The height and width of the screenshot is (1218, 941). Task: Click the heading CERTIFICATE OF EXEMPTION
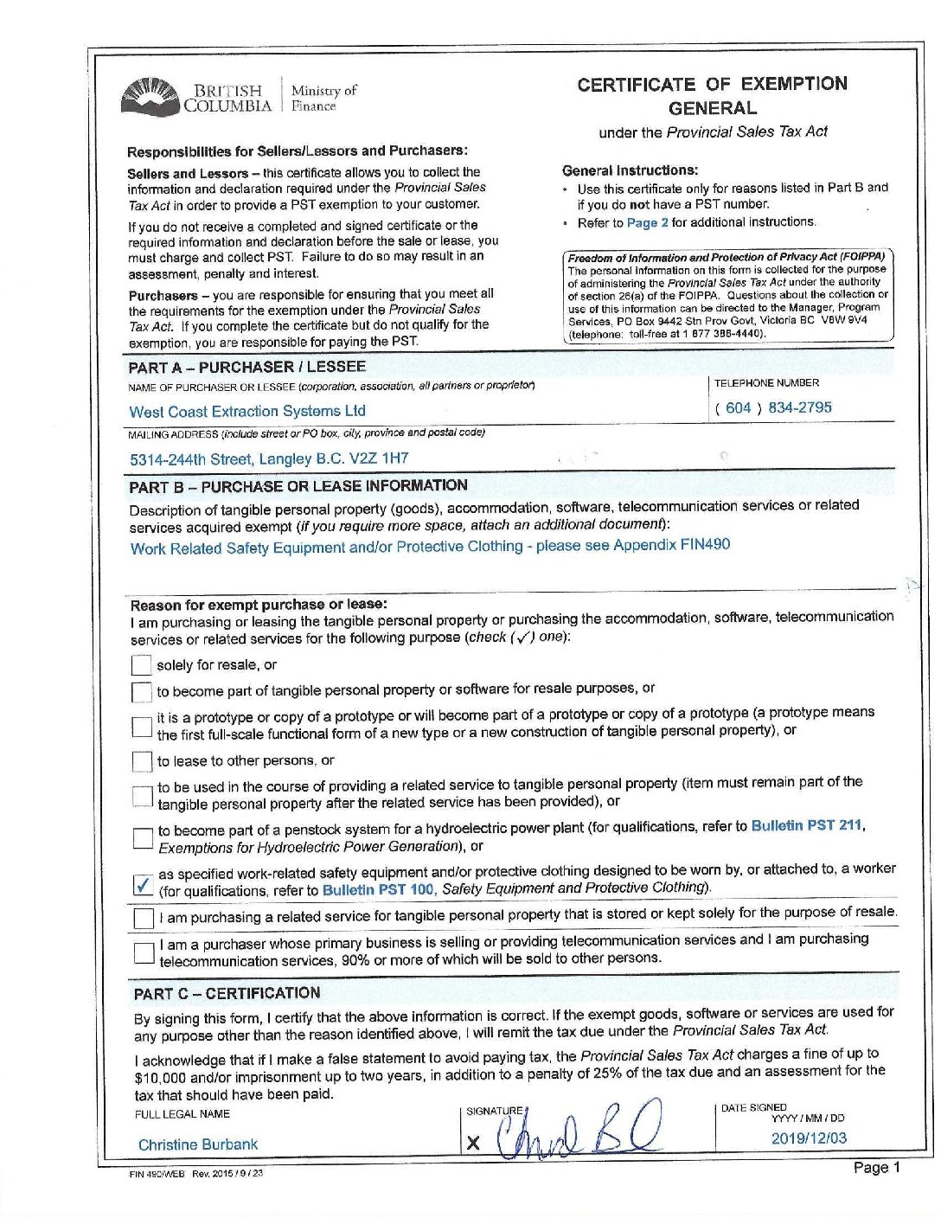click(712, 85)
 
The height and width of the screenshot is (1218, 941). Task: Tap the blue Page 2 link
click(647, 222)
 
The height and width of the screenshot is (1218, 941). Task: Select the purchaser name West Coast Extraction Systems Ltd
click(247, 412)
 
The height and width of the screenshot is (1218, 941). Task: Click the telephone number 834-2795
click(799, 407)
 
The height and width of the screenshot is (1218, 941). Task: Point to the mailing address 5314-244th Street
click(269, 459)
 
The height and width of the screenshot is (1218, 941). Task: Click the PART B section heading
click(298, 486)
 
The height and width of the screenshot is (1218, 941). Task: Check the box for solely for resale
click(142, 665)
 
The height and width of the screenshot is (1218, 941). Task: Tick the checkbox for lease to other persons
click(142, 761)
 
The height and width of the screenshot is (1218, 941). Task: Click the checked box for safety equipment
click(144, 885)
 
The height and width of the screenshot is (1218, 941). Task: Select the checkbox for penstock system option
click(143, 837)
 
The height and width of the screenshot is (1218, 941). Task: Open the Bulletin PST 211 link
click(807, 825)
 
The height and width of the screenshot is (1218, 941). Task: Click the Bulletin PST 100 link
click(378, 889)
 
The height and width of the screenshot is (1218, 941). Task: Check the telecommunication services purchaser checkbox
click(144, 952)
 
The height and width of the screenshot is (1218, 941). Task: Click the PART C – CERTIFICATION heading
click(227, 993)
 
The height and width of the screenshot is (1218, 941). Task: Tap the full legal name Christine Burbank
click(198, 1144)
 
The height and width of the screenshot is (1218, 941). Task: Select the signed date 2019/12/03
click(809, 1138)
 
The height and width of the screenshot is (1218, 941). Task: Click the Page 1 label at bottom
click(876, 1168)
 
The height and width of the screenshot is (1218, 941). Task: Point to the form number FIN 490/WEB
click(157, 1174)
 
